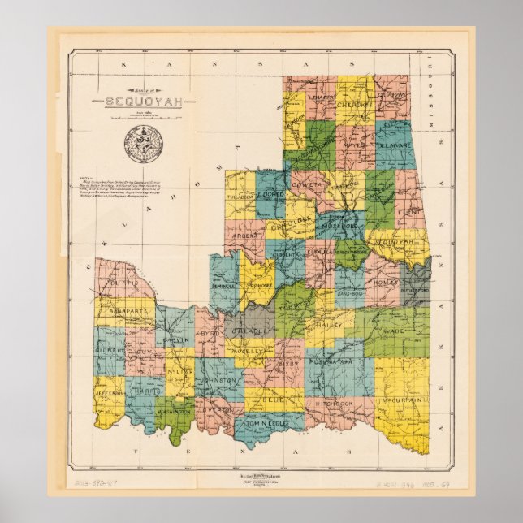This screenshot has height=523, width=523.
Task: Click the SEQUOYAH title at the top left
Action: click(x=139, y=102)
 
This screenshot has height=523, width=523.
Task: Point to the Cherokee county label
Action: click(x=355, y=105)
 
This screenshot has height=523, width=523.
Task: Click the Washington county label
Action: click(x=173, y=412)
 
